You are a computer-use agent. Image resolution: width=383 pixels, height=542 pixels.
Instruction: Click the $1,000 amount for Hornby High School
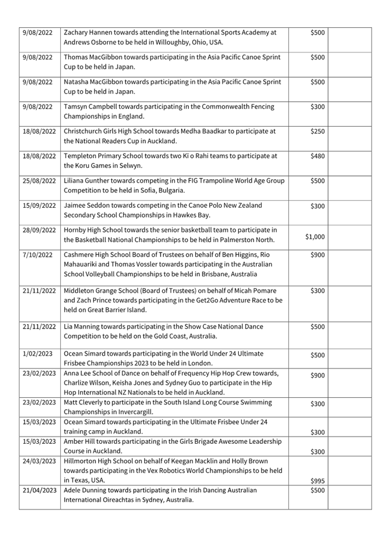tap(315, 237)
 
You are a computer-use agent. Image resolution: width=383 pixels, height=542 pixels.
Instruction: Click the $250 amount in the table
tap(317, 131)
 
